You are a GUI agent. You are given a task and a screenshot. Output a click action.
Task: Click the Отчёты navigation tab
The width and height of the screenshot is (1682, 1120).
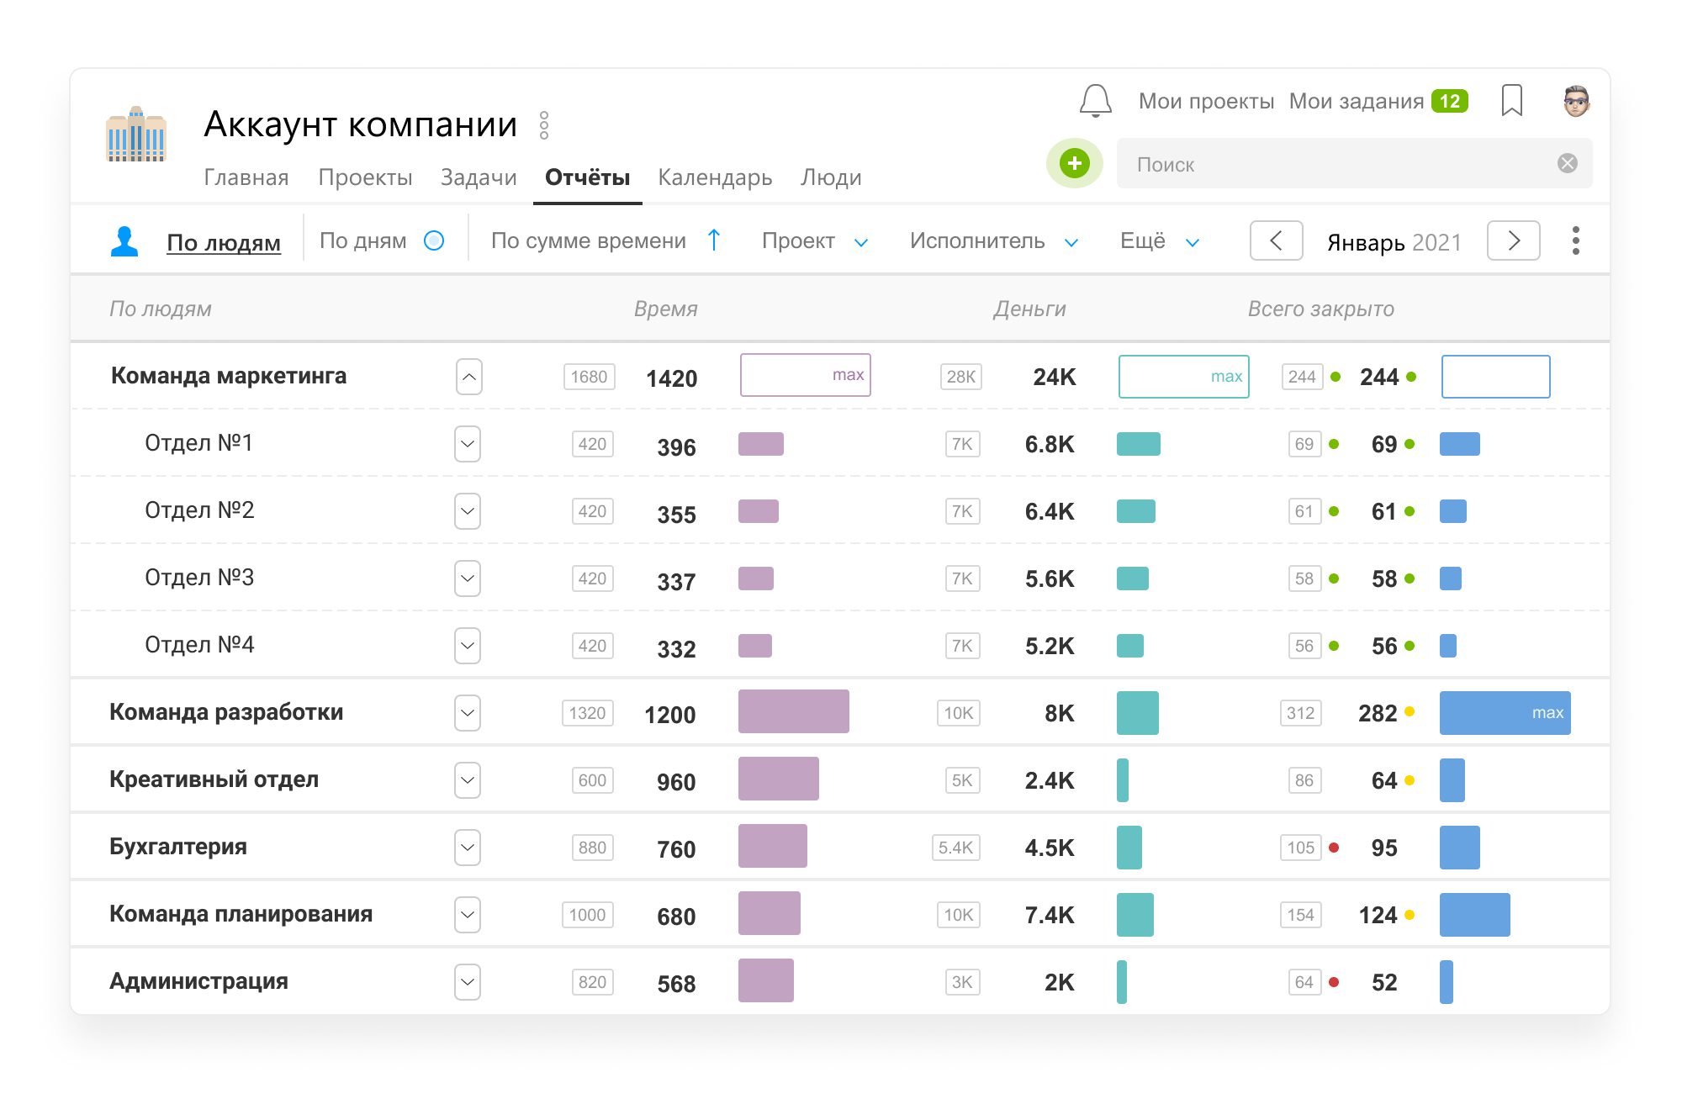pyautogui.click(x=587, y=177)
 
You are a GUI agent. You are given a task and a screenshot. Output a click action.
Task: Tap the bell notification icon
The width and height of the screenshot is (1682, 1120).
pyautogui.click(x=1095, y=101)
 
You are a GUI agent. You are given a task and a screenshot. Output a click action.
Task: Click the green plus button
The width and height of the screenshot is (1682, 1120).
pyautogui.click(x=1074, y=163)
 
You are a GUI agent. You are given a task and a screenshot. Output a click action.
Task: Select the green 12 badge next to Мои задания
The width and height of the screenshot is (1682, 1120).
pyautogui.click(x=1450, y=101)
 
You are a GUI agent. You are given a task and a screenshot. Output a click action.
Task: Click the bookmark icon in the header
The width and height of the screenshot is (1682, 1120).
pyautogui.click(x=1511, y=100)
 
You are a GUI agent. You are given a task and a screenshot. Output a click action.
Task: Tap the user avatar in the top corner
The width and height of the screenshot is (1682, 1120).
pyautogui.click(x=1576, y=101)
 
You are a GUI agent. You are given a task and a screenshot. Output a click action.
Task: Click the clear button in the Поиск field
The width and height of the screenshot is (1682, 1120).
pyautogui.click(x=1567, y=163)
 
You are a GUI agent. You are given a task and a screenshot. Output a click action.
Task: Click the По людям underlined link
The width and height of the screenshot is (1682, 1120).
pyautogui.click(x=224, y=242)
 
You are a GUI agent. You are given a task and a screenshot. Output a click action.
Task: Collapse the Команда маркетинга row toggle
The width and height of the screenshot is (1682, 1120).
pyautogui.click(x=469, y=377)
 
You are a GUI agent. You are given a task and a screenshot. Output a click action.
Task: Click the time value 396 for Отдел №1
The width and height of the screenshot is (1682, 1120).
pyautogui.click(x=676, y=446)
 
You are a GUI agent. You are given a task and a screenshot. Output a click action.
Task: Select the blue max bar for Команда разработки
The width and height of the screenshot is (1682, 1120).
pyautogui.click(x=1505, y=713)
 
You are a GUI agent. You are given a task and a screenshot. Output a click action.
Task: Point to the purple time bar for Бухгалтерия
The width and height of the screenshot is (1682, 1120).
pyautogui.click(x=772, y=846)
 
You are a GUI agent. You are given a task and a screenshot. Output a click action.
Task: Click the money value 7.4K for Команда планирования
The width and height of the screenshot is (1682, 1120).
pyautogui.click(x=1049, y=915)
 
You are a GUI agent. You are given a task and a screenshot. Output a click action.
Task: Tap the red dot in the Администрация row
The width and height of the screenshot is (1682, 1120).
pyautogui.click(x=1333, y=982)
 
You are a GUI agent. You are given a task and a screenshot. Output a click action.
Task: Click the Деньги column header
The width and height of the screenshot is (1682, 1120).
pyautogui.click(x=1029, y=309)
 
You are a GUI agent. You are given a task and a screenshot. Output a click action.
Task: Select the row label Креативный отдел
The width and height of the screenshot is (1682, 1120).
pyautogui.click(x=214, y=779)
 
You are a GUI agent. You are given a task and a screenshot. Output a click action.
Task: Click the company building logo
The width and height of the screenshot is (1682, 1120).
pyautogui.click(x=136, y=134)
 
